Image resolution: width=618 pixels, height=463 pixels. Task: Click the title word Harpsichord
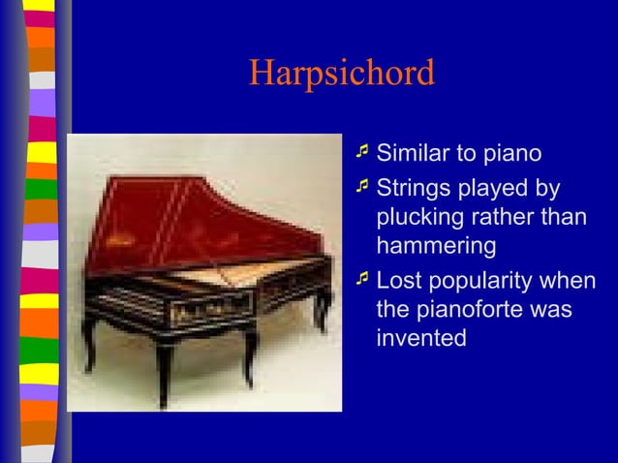coord(342,74)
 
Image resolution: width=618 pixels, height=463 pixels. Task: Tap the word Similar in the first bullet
coord(411,153)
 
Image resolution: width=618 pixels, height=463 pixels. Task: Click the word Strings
coord(414,186)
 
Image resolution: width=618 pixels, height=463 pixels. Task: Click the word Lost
coord(398,281)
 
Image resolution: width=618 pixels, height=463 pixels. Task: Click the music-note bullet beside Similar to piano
coord(362,152)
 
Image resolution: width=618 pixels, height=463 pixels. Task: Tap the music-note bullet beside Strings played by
coord(362,184)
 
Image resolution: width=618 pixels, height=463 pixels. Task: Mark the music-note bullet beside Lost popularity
coord(362,279)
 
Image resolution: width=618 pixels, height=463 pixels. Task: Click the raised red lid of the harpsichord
coord(194,218)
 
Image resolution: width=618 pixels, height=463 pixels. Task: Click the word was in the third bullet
coord(550,310)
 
